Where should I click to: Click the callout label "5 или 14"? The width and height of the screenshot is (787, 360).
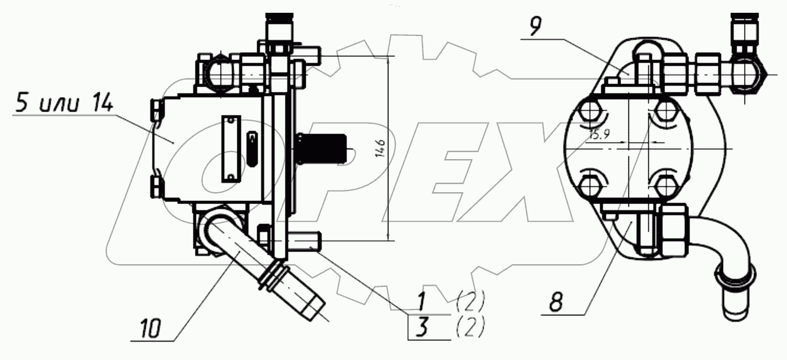pos(63,104)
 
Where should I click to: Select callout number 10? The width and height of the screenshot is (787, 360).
pos(151,329)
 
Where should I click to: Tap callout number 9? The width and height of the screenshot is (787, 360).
pos(536,26)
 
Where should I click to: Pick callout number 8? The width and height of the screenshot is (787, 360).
pos(556,301)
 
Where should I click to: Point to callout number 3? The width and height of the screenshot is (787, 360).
pos(423,327)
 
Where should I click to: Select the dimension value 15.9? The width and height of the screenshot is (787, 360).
pos(599,134)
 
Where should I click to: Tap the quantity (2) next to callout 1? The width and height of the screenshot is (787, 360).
pos(471,301)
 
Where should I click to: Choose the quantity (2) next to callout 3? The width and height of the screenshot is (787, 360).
pos(471,326)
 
